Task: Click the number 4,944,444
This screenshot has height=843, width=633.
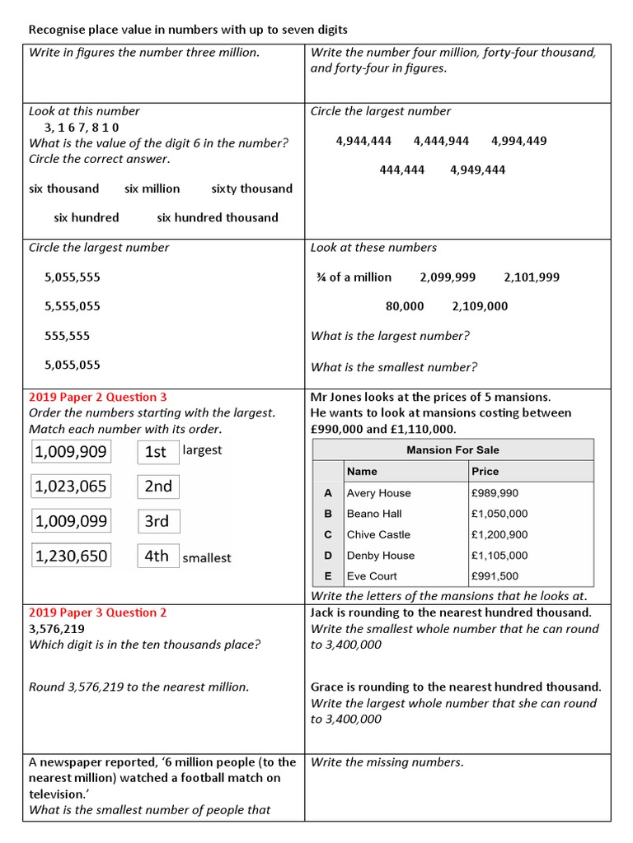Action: [363, 141]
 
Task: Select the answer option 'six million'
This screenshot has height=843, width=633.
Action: [152, 189]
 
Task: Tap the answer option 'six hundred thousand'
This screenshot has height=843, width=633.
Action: [218, 218]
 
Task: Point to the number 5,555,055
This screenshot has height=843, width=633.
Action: [73, 306]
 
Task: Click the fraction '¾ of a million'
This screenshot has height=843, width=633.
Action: [354, 277]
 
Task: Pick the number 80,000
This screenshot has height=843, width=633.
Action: [405, 306]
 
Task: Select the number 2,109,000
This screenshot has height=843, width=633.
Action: [480, 306]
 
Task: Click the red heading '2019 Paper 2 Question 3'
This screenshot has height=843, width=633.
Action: [98, 397]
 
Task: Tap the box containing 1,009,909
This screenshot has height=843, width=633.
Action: [71, 451]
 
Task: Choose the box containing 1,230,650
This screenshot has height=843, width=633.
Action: [71, 556]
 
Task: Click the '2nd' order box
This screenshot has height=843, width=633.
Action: [158, 487]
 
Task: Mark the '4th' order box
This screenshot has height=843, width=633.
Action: [157, 556]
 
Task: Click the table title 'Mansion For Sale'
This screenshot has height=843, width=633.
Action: [452, 450]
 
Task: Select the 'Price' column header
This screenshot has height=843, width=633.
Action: [485, 472]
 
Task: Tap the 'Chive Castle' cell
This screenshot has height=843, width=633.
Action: [379, 534]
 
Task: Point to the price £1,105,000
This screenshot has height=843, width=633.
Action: [499, 556]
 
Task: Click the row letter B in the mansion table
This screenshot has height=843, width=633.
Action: [328, 514]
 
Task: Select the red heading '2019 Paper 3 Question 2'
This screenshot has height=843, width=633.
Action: [98, 612]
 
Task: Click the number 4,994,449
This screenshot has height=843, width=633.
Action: [518, 141]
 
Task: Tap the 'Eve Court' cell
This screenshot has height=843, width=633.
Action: [372, 576]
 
